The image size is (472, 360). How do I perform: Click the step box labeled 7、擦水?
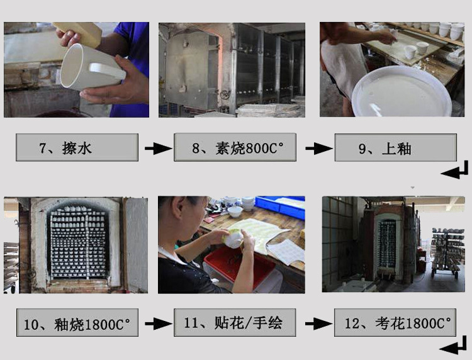tap(77, 147)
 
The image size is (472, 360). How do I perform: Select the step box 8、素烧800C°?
tap(235, 147)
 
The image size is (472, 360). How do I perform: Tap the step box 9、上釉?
tap(396, 147)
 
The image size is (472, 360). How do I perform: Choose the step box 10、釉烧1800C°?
tap(77, 322)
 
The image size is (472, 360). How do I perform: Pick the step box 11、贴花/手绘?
tap(235, 322)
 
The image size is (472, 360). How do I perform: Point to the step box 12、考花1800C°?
tap(395, 322)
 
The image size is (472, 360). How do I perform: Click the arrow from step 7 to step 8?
tap(159, 149)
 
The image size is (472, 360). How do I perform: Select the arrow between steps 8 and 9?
tap(319, 149)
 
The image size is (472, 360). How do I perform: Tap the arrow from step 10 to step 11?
tap(159, 324)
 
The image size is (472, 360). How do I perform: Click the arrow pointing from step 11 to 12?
tap(319, 324)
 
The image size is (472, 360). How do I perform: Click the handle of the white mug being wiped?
tap(107, 71)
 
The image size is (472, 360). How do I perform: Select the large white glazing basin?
tap(402, 92)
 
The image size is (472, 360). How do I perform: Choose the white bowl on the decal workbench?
tap(235, 211)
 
